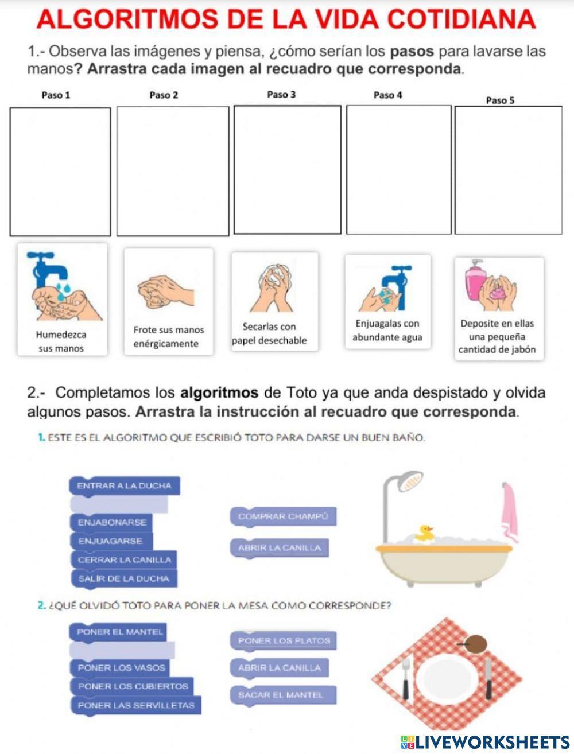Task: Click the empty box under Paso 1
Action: click(x=60, y=172)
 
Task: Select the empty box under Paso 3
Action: click(x=288, y=170)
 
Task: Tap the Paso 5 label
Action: click(x=500, y=100)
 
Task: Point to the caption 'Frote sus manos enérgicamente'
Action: click(x=168, y=337)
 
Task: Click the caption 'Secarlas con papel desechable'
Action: click(x=269, y=333)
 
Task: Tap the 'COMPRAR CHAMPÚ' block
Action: click(x=283, y=516)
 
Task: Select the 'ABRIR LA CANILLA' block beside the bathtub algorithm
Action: click(x=280, y=547)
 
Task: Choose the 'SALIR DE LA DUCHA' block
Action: click(x=124, y=578)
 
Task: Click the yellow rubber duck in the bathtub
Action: click(x=424, y=533)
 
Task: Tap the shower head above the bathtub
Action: click(x=409, y=481)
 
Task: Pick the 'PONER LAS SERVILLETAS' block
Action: click(x=136, y=705)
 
